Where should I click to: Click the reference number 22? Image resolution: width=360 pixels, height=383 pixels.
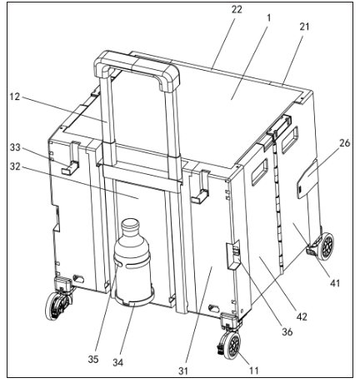[237, 9]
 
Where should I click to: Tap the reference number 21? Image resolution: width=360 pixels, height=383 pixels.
[304, 27]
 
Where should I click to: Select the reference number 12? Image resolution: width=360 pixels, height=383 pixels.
[15, 97]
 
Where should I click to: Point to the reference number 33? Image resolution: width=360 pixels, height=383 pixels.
[15, 147]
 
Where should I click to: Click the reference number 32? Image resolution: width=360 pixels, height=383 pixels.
[15, 166]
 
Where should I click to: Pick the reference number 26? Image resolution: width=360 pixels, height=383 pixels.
[345, 143]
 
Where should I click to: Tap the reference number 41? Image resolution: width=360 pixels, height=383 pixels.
[335, 283]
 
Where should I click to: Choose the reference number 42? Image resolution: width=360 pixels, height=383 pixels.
[302, 316]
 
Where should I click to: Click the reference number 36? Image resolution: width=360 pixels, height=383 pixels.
[287, 331]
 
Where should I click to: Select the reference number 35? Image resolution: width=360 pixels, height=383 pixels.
[93, 359]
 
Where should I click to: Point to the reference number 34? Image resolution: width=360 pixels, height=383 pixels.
[117, 362]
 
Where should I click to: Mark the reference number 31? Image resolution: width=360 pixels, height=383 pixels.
[183, 371]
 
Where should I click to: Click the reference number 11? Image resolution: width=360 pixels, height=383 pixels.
[253, 371]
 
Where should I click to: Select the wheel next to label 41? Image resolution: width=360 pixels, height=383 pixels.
[326, 246]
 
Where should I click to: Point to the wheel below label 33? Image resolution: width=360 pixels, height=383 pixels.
[57, 306]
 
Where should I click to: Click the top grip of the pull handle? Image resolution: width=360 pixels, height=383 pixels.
[137, 67]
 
